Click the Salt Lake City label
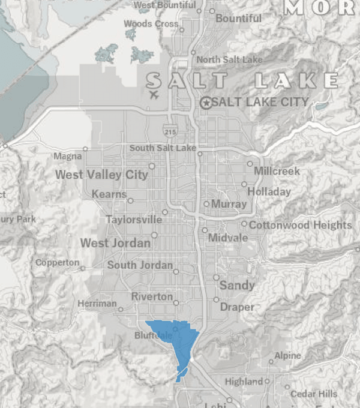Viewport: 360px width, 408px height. (260, 102)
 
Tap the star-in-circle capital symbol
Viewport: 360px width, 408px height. (206, 103)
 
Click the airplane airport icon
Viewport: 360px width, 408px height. (154, 94)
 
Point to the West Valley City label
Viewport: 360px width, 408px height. (101, 175)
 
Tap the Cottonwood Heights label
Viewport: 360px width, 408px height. (300, 225)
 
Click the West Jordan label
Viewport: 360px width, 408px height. (116, 243)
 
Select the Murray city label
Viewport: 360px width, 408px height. (229, 204)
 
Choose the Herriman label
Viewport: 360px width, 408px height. (97, 304)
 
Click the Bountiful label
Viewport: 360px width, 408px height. (239, 19)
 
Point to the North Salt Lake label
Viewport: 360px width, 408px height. (229, 59)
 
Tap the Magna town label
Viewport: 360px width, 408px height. (67, 156)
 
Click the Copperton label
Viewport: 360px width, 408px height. (57, 262)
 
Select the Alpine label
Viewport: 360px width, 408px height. (287, 356)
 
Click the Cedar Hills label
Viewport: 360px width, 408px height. (313, 394)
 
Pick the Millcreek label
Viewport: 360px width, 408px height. (277, 171)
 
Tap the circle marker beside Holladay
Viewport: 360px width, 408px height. (244, 184)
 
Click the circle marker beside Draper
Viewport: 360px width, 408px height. (216, 299)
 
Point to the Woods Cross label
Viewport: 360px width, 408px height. (151, 23)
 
